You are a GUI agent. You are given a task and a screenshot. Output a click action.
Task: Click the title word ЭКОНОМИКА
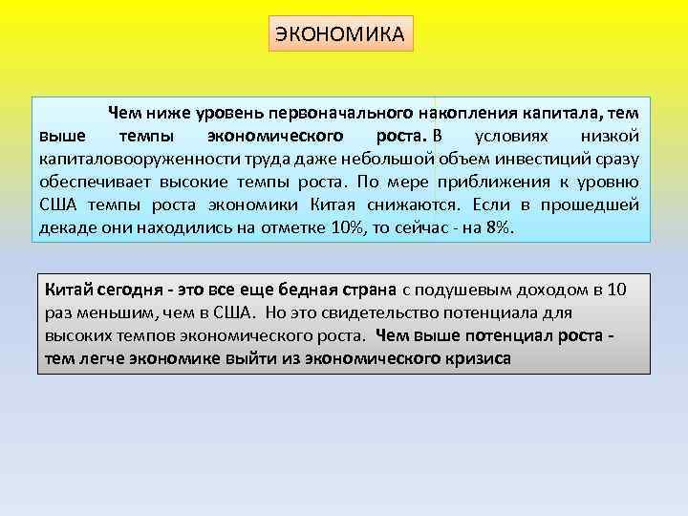[340, 33]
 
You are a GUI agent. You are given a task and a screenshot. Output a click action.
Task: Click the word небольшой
[391, 158]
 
